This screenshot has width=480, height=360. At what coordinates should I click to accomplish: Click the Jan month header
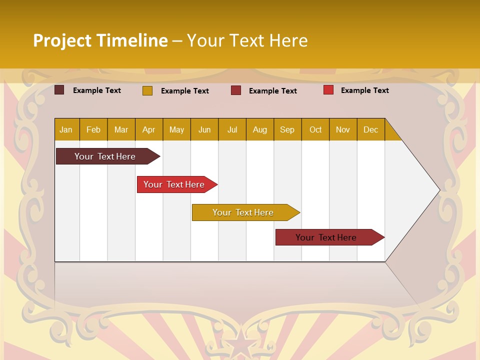[66, 130]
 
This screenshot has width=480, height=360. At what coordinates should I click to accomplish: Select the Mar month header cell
[121, 130]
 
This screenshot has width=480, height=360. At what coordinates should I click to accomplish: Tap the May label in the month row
[176, 130]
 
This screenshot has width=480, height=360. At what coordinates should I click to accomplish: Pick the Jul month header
[232, 130]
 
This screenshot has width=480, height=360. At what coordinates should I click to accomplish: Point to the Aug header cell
[259, 130]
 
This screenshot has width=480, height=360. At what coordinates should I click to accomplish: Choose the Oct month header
[315, 130]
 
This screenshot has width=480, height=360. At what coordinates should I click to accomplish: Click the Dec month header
[370, 130]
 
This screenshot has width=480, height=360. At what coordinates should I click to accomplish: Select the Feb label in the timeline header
[93, 130]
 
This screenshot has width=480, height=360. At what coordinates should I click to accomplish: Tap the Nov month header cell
[342, 130]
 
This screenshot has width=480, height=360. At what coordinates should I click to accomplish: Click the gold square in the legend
[147, 90]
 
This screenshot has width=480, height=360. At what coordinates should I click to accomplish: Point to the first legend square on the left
[59, 90]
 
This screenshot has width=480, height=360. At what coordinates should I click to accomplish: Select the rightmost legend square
[328, 90]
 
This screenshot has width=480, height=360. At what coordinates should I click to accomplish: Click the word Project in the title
[62, 40]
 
